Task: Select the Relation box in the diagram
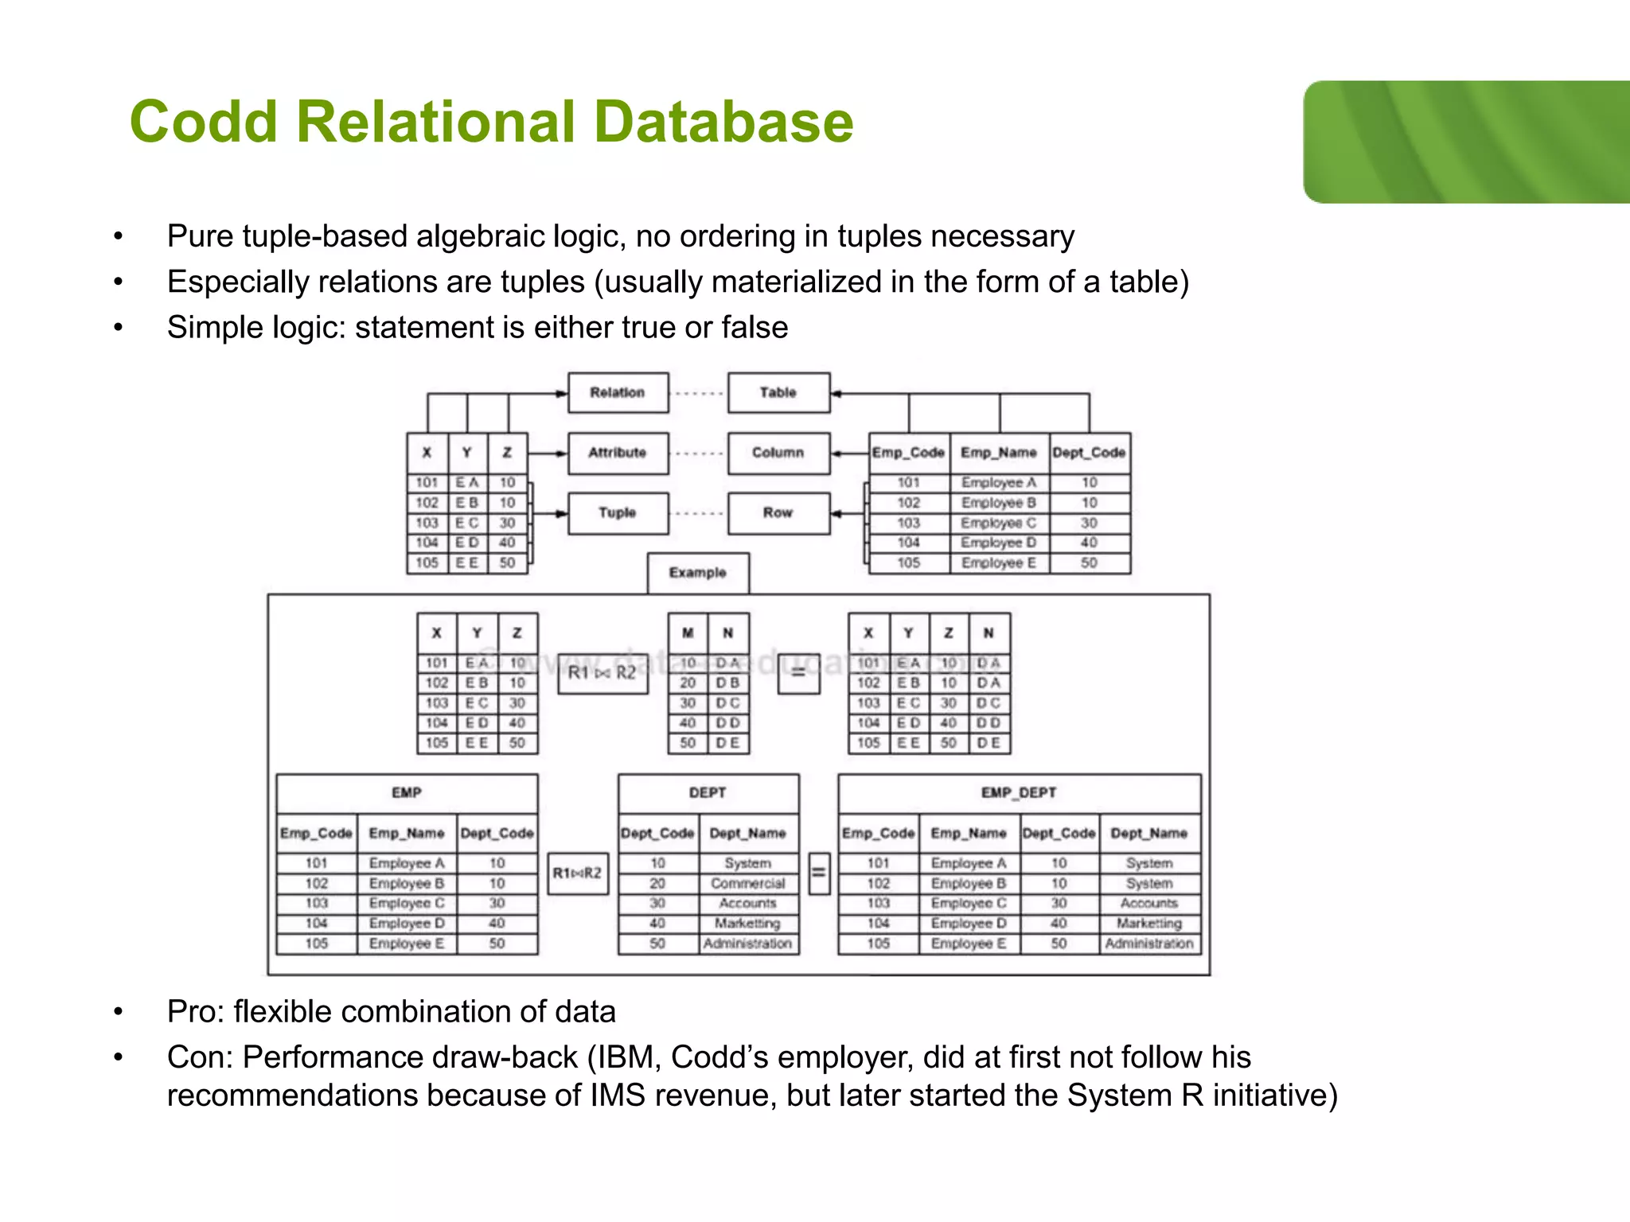[618, 392]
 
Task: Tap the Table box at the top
[778, 392]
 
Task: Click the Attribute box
[618, 453]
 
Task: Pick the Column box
[778, 453]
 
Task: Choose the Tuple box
[618, 512]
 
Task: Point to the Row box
[778, 512]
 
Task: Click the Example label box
[698, 573]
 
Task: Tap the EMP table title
[407, 792]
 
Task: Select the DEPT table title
[708, 792]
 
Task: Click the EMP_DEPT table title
[1019, 792]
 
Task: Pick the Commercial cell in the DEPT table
[748, 883]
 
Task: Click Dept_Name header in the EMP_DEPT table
[1149, 833]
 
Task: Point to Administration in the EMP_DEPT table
[1149, 944]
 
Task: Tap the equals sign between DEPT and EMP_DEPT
[818, 873]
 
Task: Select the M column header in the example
[688, 633]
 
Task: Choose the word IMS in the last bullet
[618, 1096]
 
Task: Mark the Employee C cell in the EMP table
[407, 903]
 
